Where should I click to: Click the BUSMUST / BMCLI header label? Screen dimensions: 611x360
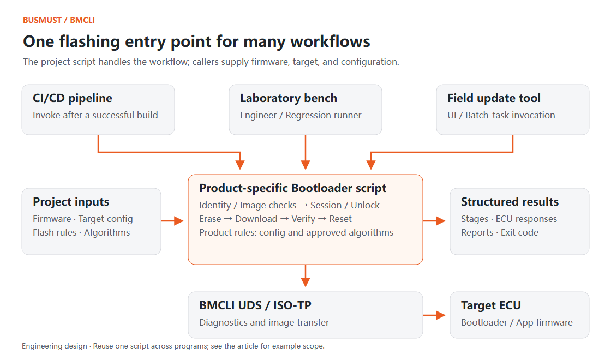tap(59, 20)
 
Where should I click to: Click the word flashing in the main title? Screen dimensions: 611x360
tap(89, 41)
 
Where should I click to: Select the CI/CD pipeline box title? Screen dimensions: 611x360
tap(73, 98)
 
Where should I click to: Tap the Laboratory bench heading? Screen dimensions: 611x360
tap(289, 98)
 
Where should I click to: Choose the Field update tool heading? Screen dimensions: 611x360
tap(494, 98)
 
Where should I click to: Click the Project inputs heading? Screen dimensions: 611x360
tap(71, 202)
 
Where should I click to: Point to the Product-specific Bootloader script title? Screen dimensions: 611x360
tap(292, 188)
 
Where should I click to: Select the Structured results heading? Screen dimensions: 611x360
tap(510, 202)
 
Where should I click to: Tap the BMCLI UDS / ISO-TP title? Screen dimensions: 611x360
tap(255, 305)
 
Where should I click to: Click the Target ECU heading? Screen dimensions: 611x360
tap(491, 305)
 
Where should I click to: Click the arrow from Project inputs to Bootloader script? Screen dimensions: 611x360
tap(172, 221)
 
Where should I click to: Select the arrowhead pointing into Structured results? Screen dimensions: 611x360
tap(441, 221)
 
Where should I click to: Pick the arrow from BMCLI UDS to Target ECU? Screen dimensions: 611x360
tap(434, 315)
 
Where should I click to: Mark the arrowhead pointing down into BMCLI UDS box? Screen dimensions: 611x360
tap(305, 282)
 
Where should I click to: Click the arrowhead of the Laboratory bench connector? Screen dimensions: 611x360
tap(305, 164)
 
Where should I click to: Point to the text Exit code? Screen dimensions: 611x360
tap(519, 232)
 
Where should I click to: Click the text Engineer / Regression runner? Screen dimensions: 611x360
tap(301, 115)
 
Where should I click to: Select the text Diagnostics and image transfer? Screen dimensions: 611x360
tap(264, 322)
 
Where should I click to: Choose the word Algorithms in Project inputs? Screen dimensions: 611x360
tap(107, 232)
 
